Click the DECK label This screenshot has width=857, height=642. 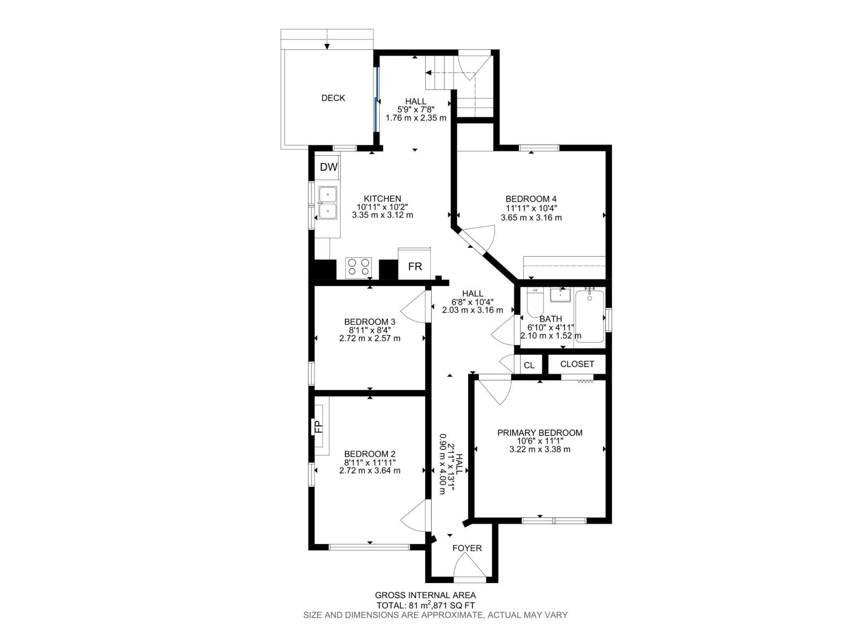coord(333,98)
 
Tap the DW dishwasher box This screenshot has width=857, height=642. coord(328,167)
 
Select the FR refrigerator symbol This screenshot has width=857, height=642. coord(415,266)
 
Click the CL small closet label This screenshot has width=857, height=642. coord(529,365)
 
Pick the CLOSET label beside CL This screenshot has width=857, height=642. coord(577,364)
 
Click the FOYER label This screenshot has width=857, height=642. coord(467,548)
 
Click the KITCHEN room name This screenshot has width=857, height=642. coord(382,198)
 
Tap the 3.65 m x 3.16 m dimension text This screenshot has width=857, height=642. coord(531,218)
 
